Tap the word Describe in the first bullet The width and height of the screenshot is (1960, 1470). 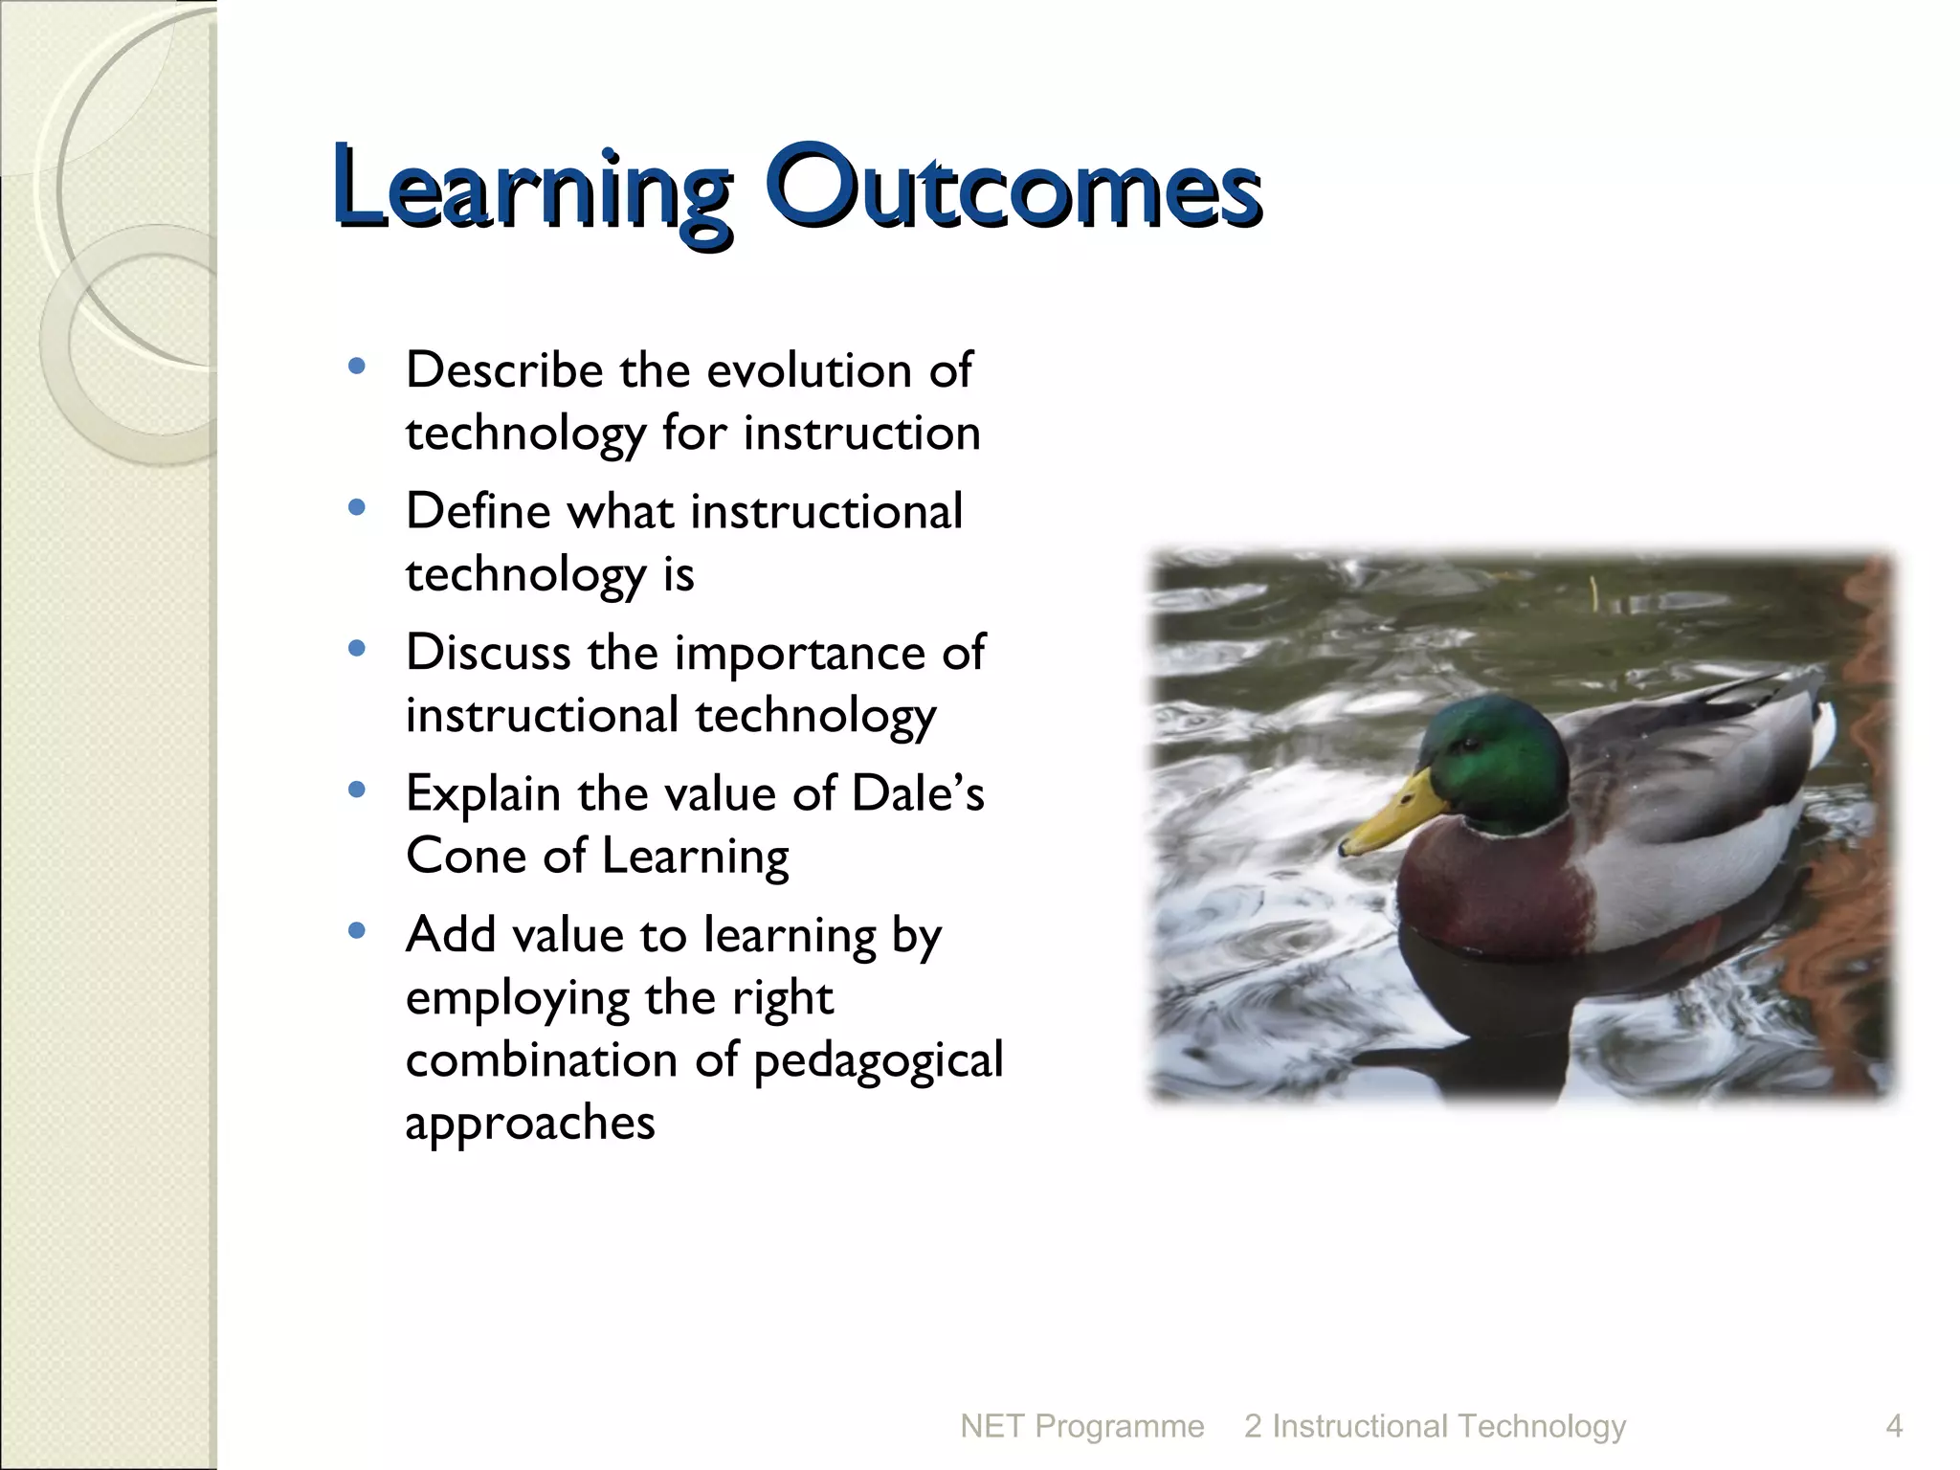504,370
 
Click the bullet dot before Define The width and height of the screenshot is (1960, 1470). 357,508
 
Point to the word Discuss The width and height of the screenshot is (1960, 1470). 487,653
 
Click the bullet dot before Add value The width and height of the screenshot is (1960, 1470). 357,931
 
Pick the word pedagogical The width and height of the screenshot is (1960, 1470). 878,1060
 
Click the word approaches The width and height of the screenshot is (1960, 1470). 530,1123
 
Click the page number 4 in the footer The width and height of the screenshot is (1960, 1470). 1893,1426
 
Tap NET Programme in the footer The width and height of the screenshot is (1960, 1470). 1081,1426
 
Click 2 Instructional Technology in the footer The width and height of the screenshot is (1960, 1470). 1435,1426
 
